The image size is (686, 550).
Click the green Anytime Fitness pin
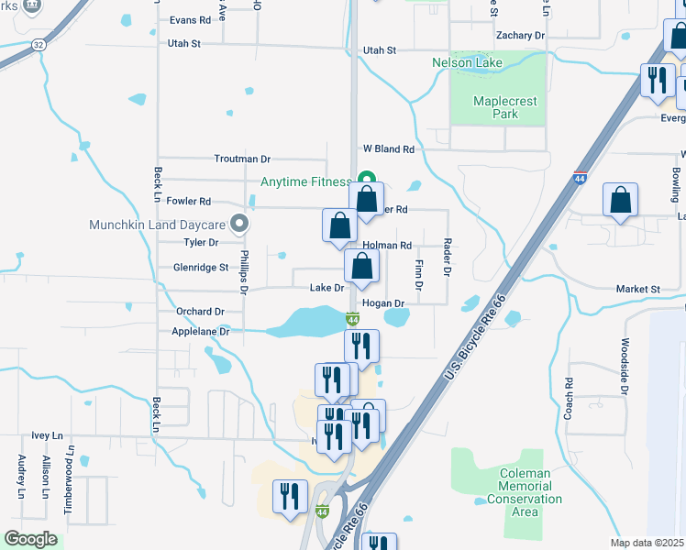pyautogui.click(x=367, y=179)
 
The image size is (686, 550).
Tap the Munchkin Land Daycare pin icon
pyautogui.click(x=239, y=224)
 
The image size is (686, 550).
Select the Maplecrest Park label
pyautogui.click(x=496, y=107)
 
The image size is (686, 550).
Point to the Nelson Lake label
pyautogui.click(x=468, y=62)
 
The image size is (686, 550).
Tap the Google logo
pyautogui.click(x=30, y=539)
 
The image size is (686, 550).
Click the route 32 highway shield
pyautogui.click(x=37, y=44)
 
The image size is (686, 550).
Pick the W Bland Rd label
pyautogui.click(x=389, y=148)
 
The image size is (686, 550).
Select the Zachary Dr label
pyautogui.click(x=520, y=36)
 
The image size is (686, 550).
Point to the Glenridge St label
pyautogui.click(x=201, y=268)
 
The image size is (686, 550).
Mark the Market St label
pyautogui.click(x=637, y=289)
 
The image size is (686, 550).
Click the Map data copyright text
pyautogui.click(x=647, y=543)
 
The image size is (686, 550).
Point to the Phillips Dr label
pyautogui.click(x=244, y=272)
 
